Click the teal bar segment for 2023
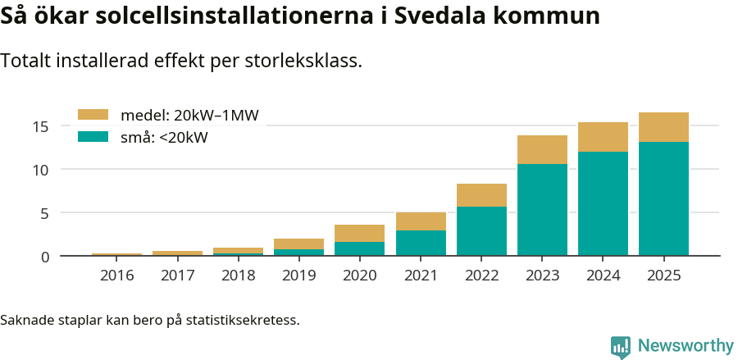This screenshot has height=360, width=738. click(x=542, y=210)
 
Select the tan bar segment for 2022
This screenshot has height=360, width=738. click(x=481, y=195)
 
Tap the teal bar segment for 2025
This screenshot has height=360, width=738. click(x=663, y=198)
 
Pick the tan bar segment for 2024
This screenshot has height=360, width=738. click(x=603, y=137)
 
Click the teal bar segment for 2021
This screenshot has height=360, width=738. click(x=421, y=243)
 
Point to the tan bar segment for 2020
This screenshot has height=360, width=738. click(x=360, y=233)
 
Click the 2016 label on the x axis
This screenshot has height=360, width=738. click(x=117, y=276)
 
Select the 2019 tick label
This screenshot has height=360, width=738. click(x=299, y=276)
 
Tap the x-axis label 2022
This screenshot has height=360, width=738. click(x=481, y=276)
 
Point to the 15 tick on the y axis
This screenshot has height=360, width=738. click(x=41, y=126)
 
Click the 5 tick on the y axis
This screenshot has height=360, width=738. click(x=45, y=213)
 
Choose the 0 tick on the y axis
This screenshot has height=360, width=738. click(x=45, y=257)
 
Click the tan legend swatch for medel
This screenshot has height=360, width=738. click(x=93, y=115)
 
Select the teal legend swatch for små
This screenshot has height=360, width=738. click(x=93, y=137)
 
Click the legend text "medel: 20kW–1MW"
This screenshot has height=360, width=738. click(x=189, y=116)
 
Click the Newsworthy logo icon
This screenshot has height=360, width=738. click(x=621, y=346)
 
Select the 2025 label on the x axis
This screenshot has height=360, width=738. click(x=663, y=276)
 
